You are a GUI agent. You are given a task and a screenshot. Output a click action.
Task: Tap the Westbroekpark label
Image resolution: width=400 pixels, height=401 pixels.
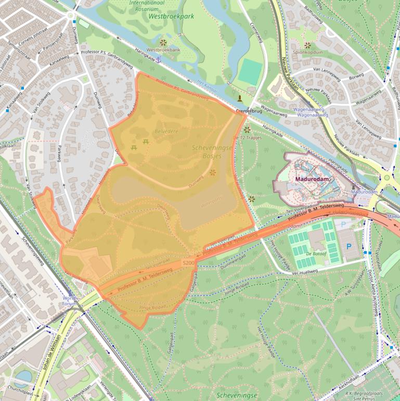(171, 16)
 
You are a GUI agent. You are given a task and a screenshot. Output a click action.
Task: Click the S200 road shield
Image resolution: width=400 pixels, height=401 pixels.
(188, 264)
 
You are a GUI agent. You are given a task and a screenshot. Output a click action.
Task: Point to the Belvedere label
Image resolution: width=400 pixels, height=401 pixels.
(166, 132)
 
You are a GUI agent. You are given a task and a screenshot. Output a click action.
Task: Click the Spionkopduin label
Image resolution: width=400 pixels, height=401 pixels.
(308, 53)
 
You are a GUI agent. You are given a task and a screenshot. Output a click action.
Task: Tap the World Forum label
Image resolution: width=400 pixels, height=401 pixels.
(69, 300)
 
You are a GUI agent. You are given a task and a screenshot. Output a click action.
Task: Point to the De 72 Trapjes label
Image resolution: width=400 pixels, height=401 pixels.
(247, 137)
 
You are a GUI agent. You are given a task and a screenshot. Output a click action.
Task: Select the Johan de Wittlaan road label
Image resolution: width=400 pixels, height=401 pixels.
(47, 359)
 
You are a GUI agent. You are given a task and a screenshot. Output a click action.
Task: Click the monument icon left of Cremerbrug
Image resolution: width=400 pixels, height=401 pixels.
(239, 98)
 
